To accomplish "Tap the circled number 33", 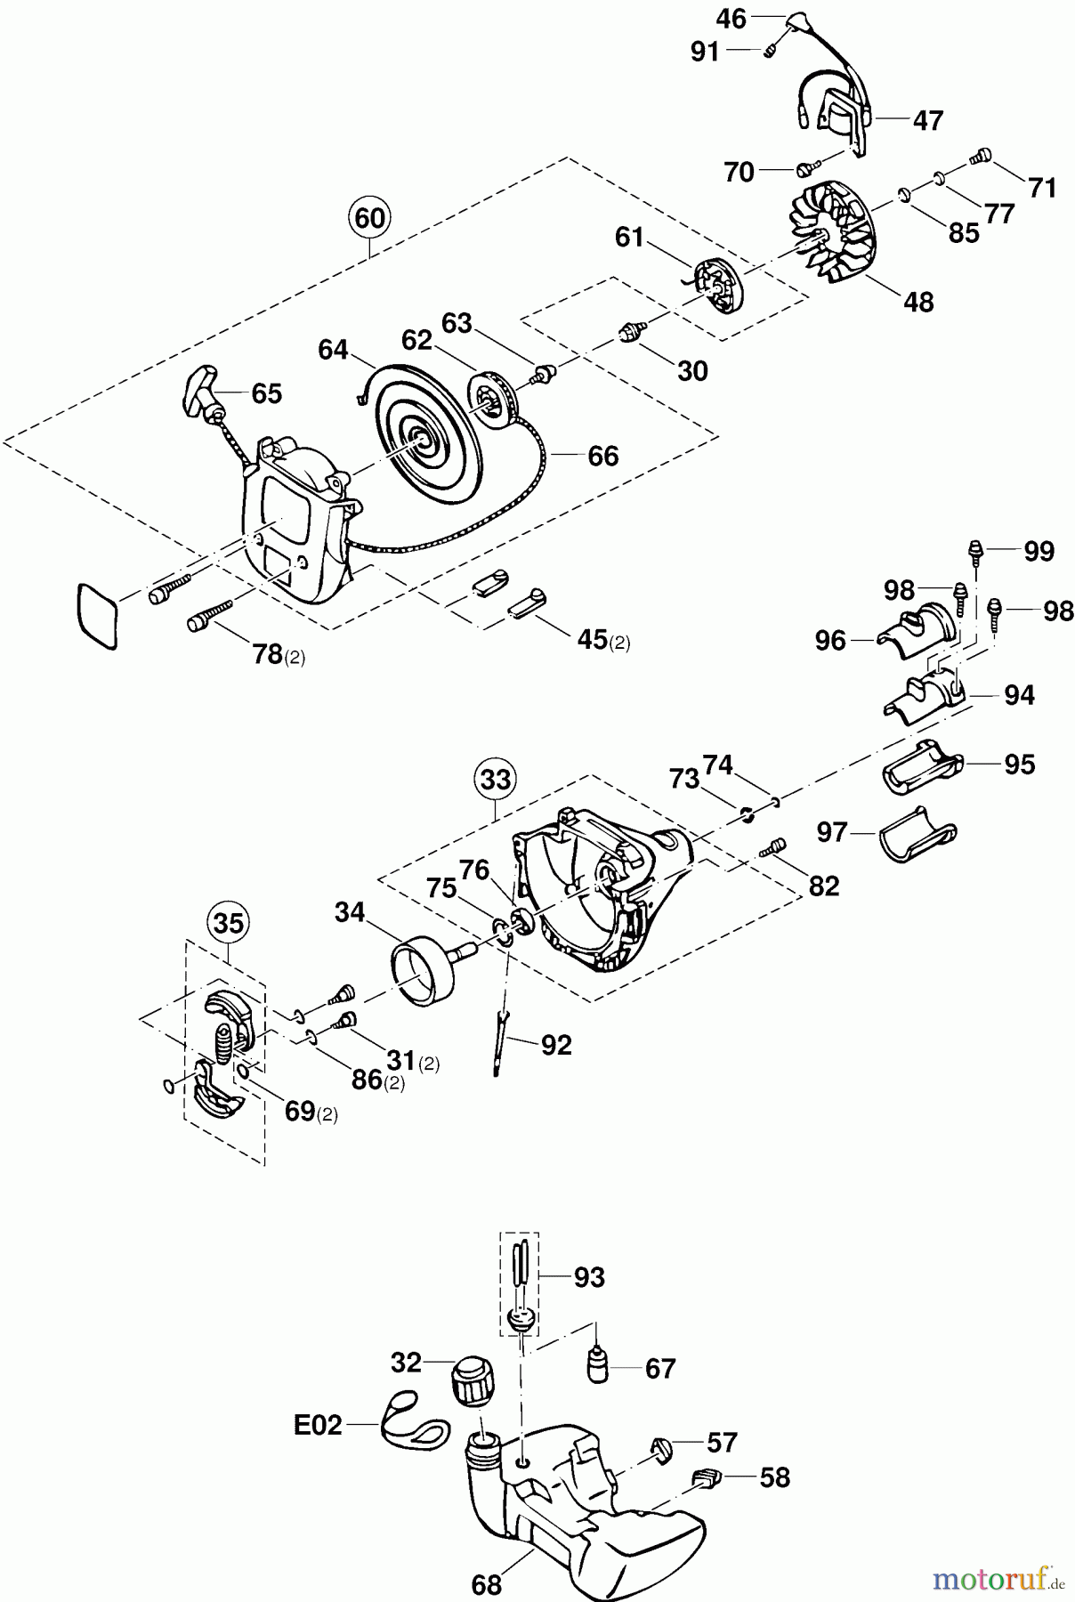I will [x=496, y=779].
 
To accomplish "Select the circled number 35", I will [x=229, y=923].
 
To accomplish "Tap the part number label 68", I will [x=487, y=1584].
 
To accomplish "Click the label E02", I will [x=317, y=1425].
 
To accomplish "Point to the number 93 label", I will [x=589, y=1277].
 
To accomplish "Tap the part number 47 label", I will [x=927, y=120].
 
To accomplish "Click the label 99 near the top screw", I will [x=1039, y=551].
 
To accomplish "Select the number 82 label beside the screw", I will [x=824, y=886].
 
